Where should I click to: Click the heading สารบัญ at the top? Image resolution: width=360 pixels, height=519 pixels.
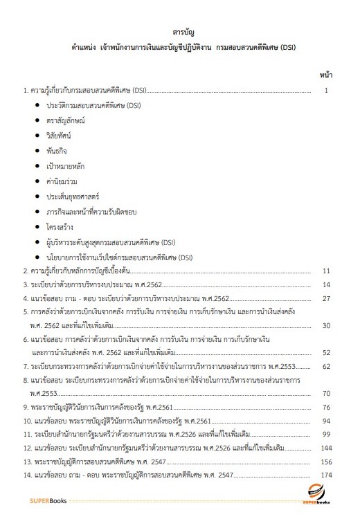(x=179, y=33)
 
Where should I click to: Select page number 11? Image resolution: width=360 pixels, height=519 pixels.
(x=326, y=271)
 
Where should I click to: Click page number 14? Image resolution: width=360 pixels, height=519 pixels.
(x=326, y=284)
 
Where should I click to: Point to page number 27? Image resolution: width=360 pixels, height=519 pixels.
(x=326, y=298)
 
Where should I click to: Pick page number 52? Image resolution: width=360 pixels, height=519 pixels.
(x=326, y=352)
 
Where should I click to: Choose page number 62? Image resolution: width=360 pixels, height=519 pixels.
(x=326, y=365)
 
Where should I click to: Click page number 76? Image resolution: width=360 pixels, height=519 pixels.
(x=326, y=406)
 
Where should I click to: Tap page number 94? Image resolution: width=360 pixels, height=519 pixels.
(x=326, y=420)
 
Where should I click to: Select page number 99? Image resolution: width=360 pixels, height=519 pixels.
(x=326, y=434)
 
